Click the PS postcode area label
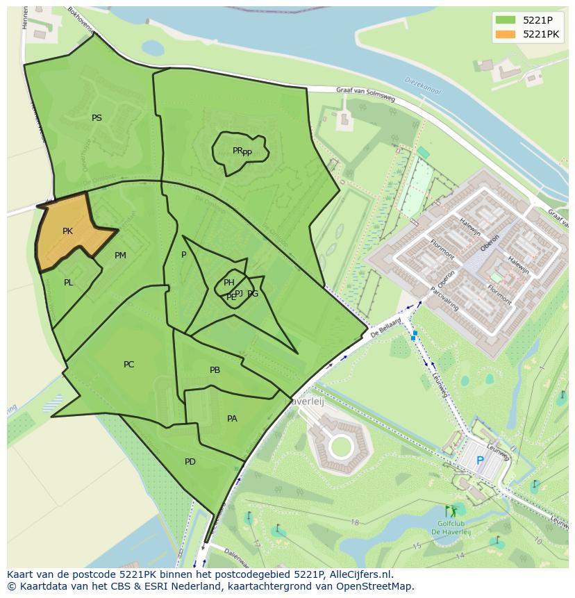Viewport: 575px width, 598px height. click(x=97, y=118)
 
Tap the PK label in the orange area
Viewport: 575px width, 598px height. click(x=67, y=231)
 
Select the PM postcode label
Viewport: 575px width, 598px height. click(x=120, y=256)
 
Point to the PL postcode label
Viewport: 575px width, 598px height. click(x=68, y=283)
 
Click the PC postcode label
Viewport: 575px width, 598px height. click(x=128, y=365)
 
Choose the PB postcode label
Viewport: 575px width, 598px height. click(x=215, y=370)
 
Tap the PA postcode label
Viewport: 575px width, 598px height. click(x=232, y=418)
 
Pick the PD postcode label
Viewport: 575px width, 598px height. click(x=190, y=462)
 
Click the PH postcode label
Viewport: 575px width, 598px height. click(x=228, y=282)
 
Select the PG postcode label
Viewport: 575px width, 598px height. click(x=253, y=294)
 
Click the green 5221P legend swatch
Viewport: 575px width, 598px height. click(x=505, y=19)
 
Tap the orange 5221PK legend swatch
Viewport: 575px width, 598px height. click(x=505, y=34)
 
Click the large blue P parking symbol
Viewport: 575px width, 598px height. click(x=479, y=460)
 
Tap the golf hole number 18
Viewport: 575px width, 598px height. click(x=355, y=522)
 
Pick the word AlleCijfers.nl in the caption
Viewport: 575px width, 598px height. click(x=359, y=574)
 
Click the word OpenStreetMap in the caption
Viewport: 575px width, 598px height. click(x=374, y=586)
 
